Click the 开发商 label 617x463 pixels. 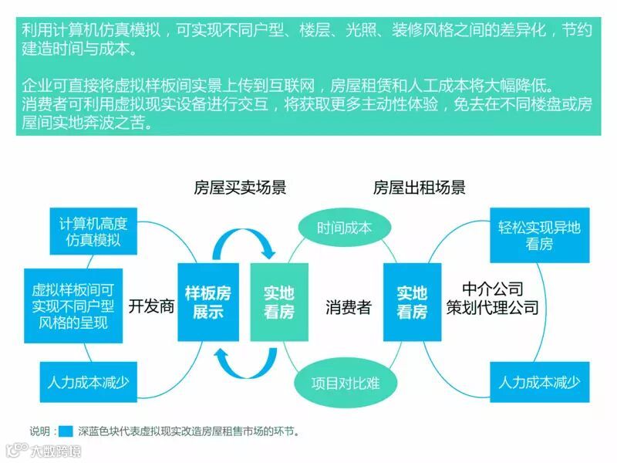[x=151, y=306]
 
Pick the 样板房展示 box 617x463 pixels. [x=207, y=302]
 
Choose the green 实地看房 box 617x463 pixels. [x=279, y=302]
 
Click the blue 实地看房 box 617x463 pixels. [x=412, y=302]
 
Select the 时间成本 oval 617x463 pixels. [x=344, y=228]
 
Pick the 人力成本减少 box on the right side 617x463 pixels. [x=539, y=381]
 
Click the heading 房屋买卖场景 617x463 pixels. [x=240, y=188]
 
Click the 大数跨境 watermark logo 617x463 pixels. [x=42, y=450]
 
